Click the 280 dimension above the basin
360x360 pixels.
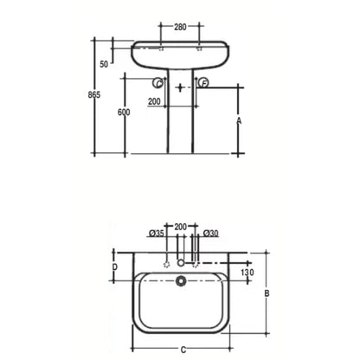tap(180, 27)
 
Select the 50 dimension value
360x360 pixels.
tap(104, 65)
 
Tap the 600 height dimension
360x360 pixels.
tap(125, 113)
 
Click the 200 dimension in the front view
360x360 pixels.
tap(155, 103)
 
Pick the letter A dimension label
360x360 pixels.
tap(240, 122)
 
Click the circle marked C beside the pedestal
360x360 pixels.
tap(157, 84)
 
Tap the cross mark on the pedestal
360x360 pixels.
tap(180, 88)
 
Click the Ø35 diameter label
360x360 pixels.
tap(157, 234)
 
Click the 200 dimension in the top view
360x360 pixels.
tap(181, 226)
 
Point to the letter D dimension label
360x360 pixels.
tap(115, 268)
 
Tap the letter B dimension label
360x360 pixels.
tap(267, 294)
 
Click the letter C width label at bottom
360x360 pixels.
tap(183, 349)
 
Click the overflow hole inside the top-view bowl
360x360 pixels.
tap(181, 280)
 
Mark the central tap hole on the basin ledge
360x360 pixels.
tap(181, 261)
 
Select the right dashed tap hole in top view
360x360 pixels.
tap(198, 261)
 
